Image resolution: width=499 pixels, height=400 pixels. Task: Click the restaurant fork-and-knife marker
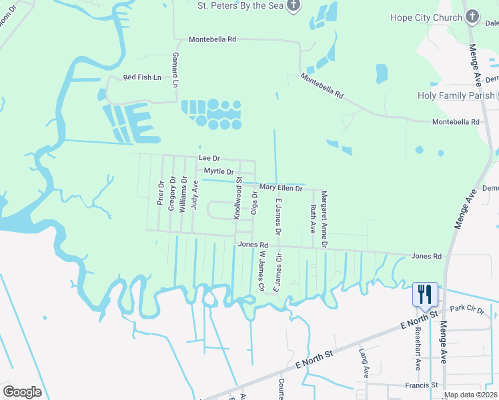point(425,293)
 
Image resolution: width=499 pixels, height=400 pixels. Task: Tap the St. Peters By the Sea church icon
point(294,5)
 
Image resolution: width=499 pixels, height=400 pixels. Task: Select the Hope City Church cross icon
point(472,16)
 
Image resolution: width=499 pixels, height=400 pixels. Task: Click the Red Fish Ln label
point(142,77)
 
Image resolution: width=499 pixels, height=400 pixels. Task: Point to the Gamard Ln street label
point(175,70)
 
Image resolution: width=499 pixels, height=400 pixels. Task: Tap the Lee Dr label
point(209,158)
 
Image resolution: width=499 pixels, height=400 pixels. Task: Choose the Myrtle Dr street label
point(219,171)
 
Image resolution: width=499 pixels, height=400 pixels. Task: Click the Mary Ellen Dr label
point(281,189)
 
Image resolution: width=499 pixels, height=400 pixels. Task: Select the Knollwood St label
point(237,198)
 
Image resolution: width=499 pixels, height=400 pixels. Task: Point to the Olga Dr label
point(254,203)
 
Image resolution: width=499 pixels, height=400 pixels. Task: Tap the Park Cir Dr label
point(466,310)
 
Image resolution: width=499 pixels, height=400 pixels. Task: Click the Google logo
point(22,392)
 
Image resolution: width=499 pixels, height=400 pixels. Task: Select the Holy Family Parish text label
point(456,95)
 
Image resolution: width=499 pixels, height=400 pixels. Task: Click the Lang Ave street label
point(364,363)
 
